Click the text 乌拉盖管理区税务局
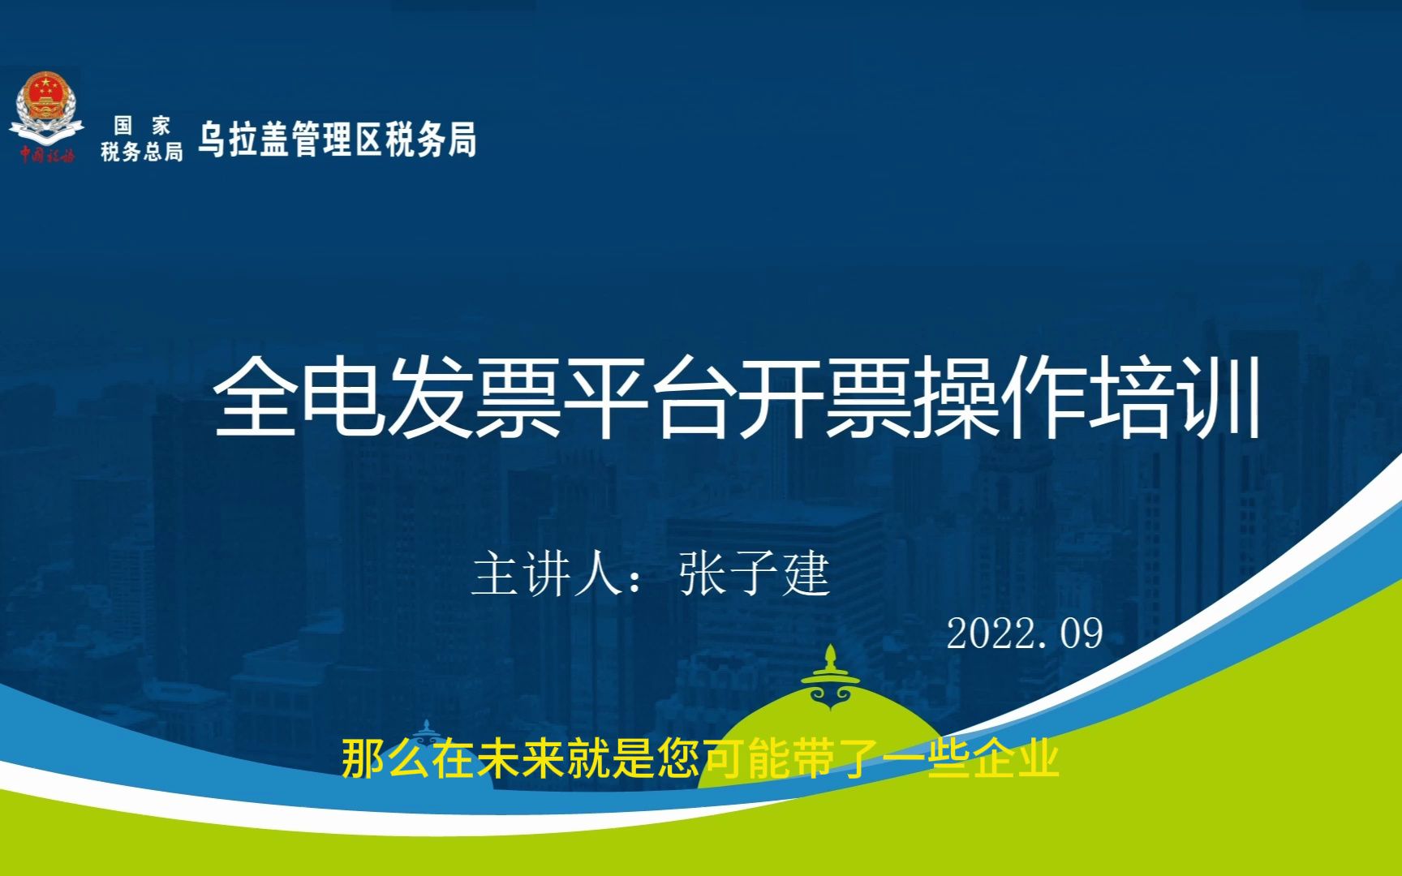click(x=337, y=140)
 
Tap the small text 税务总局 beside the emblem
click(x=142, y=152)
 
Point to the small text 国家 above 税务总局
click(x=142, y=125)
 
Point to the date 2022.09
click(x=1025, y=633)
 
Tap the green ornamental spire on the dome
click(x=830, y=678)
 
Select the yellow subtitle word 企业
click(x=1014, y=759)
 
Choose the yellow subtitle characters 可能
click(x=748, y=759)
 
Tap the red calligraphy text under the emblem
click(x=47, y=154)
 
